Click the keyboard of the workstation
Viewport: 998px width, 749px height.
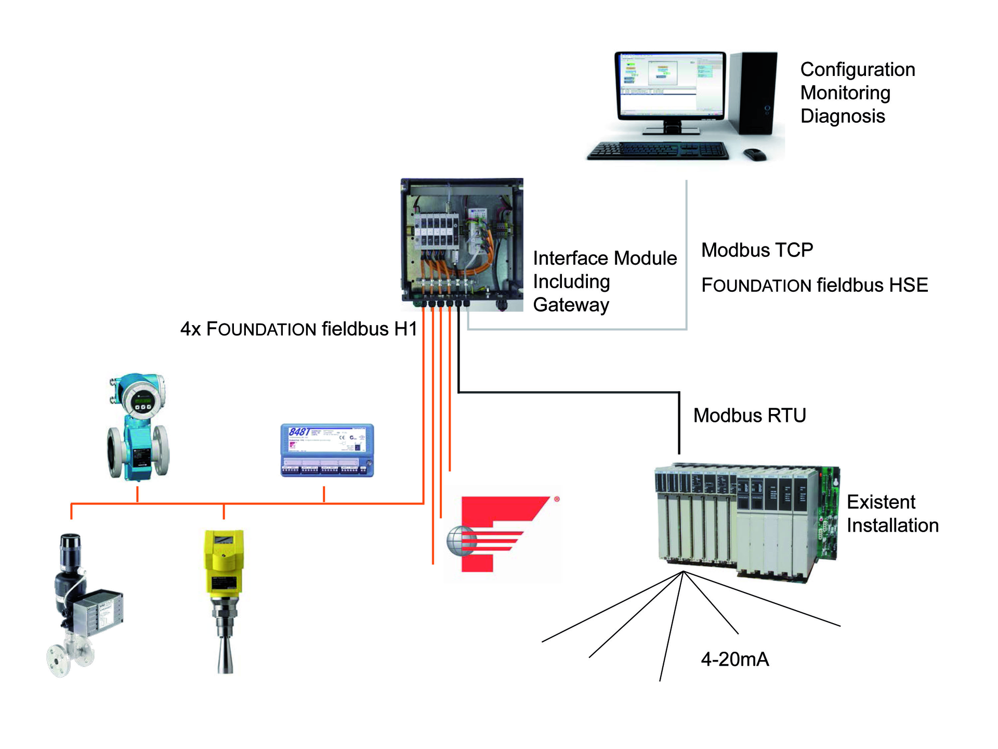[658, 151]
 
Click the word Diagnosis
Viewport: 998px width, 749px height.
[843, 116]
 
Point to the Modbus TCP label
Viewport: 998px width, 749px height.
[757, 250]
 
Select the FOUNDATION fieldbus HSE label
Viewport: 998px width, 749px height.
[815, 285]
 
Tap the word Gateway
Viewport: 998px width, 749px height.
[571, 305]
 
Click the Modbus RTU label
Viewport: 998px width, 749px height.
[750, 416]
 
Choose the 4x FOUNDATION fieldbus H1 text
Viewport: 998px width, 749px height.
[299, 329]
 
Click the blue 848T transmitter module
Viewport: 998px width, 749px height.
[327, 450]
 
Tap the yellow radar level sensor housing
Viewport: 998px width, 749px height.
[224, 562]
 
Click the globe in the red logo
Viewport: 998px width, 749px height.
[461, 540]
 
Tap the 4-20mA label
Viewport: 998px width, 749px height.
[734, 660]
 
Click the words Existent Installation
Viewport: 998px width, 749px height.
[892, 514]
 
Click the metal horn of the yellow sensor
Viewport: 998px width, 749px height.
[225, 650]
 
